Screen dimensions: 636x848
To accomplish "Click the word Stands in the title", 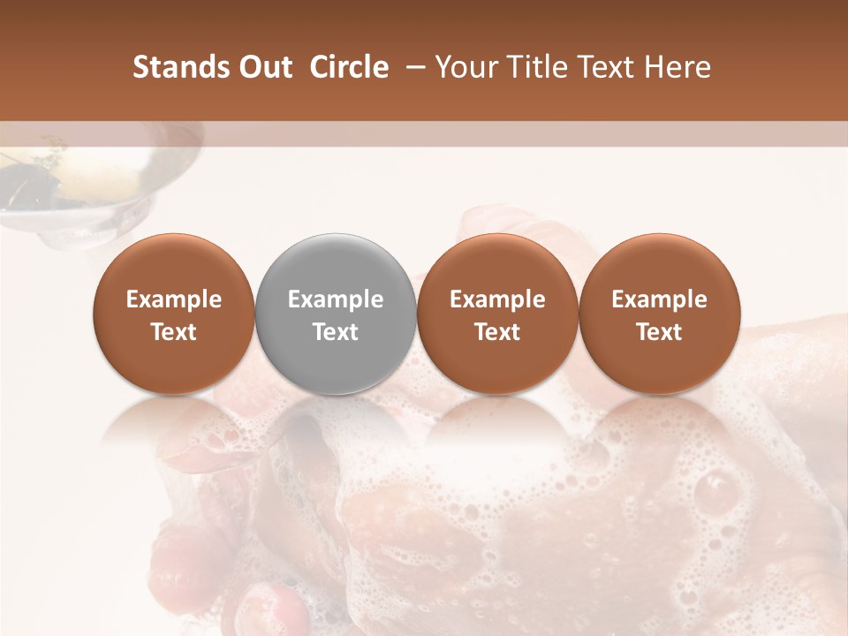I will click(174, 67).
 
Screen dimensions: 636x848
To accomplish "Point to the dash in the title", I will click(413, 67).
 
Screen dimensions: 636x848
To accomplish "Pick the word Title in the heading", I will click(538, 67).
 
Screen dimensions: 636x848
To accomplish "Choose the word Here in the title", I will click(678, 67).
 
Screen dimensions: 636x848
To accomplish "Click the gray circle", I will click(336, 314).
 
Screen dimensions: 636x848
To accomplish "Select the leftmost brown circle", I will click(174, 314).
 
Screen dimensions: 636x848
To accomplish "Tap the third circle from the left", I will click(497, 314).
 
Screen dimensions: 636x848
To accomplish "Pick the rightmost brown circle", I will click(659, 314).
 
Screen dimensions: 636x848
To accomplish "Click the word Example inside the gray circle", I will click(336, 299).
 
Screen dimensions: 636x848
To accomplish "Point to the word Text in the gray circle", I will click(336, 332).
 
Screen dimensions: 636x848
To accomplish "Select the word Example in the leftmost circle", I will click(174, 299).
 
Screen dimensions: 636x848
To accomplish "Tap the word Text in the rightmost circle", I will click(659, 332).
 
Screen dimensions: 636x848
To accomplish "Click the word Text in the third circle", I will click(497, 332).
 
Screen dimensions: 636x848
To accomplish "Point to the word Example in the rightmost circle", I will click(659, 299).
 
